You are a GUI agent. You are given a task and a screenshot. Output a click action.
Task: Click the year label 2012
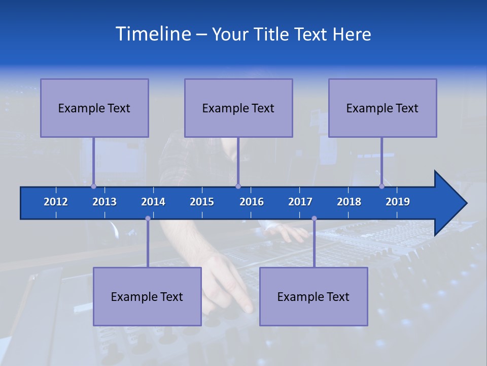pos(56,202)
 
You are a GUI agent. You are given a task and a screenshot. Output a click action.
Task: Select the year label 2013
pos(105,202)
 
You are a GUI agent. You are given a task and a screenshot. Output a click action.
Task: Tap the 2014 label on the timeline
pos(153,202)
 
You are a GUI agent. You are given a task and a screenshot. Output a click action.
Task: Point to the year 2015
pos(202,202)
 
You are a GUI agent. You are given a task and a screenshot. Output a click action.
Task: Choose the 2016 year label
pos(252,202)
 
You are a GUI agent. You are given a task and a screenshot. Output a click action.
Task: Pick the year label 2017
pos(300,202)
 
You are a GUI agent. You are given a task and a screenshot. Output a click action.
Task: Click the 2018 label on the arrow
pos(349,202)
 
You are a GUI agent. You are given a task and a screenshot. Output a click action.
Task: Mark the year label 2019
pos(398,202)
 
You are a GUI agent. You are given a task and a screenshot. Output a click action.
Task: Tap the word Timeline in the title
pos(153,34)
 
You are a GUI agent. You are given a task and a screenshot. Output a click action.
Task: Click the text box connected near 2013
pos(94,108)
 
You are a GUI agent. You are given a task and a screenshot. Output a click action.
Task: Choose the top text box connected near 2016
pos(238,108)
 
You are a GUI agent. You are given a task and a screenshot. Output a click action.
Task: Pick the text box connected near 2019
pos(382,108)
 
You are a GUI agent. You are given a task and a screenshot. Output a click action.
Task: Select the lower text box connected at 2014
pos(147,296)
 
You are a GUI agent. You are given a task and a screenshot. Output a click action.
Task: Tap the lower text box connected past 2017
pos(314,296)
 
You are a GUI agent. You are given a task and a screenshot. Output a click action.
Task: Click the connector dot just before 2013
pos(93,186)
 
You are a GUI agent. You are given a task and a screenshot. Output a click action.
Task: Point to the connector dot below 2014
pos(148,219)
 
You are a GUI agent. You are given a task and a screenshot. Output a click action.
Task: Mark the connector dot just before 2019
pos(381,186)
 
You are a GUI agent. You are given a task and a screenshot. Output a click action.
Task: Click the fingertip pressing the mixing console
pos(248,307)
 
